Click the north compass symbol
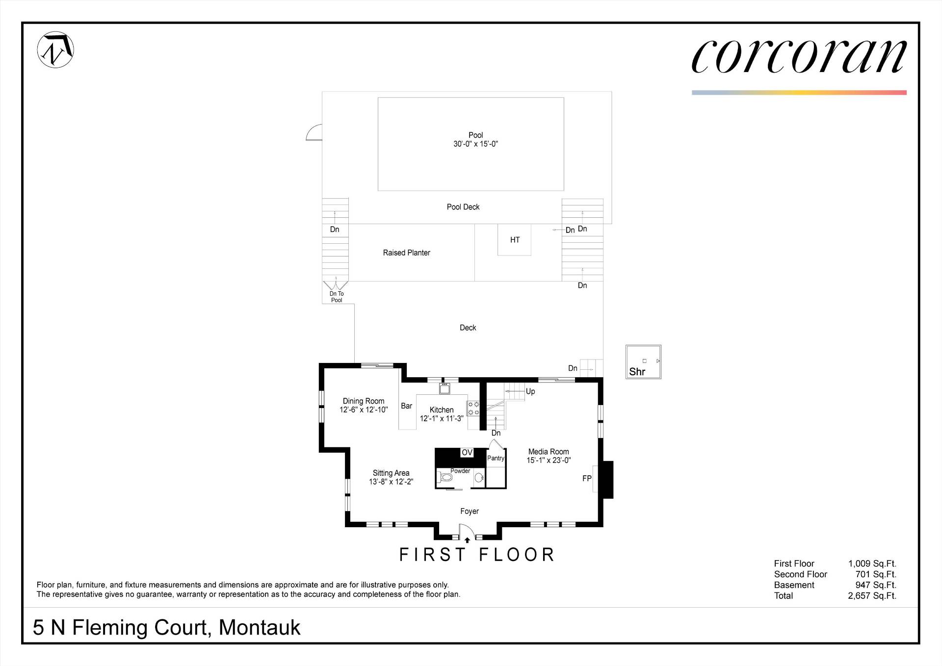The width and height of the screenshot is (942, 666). click(55, 50)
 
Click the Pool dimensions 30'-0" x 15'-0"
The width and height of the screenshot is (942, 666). click(475, 144)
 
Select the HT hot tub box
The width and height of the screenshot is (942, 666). click(514, 240)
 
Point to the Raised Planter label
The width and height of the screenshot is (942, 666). click(406, 253)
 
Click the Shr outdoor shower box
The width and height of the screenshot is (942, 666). click(643, 362)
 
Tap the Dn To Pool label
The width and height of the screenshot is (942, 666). click(337, 297)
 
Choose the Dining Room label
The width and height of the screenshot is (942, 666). click(364, 401)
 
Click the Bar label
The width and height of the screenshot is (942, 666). click(407, 406)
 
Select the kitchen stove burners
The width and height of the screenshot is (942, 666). click(473, 409)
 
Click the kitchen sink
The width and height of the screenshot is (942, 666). click(445, 388)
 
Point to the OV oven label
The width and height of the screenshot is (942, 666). click(467, 453)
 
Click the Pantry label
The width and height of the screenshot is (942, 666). click(496, 458)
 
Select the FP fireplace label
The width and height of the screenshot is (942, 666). click(587, 479)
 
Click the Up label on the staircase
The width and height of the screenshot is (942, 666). click(530, 391)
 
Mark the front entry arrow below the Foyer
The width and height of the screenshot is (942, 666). click(467, 540)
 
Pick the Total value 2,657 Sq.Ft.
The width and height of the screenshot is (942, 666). click(872, 596)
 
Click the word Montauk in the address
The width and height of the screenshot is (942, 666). click(260, 628)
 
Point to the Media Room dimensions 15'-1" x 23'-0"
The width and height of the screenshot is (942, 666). click(549, 461)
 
